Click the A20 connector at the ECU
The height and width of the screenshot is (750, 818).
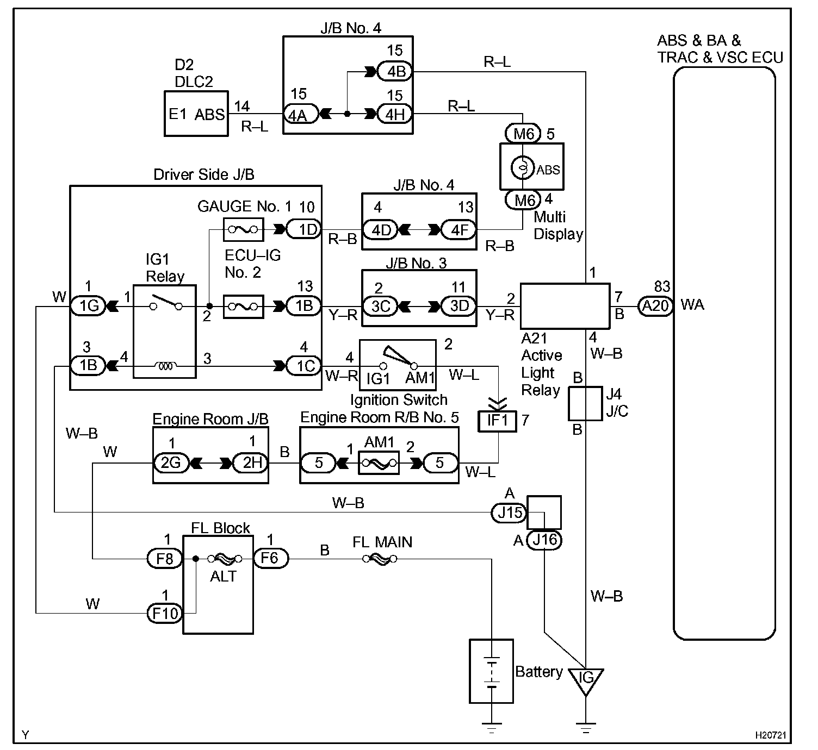pos(655,305)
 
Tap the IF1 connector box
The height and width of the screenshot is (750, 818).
pos(497,421)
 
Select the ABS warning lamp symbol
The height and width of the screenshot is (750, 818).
pos(522,167)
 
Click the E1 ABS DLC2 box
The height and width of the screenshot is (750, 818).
pos(196,114)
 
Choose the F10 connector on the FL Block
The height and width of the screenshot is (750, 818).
pos(165,613)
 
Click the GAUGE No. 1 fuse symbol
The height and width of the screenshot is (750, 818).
pos(244,229)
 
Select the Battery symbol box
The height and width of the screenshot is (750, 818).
pos(491,671)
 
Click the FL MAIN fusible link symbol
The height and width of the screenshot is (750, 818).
pos(379,559)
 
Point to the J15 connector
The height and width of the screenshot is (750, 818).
pos(509,512)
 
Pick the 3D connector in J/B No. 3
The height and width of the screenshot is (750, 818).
pos(458,306)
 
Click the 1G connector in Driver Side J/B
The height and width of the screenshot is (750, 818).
pos(89,305)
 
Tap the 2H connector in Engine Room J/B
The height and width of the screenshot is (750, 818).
pos(251,462)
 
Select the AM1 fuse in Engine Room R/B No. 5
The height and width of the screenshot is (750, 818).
pos(379,462)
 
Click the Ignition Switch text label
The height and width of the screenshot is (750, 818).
pos(399,400)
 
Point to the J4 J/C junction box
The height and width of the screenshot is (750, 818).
pos(585,403)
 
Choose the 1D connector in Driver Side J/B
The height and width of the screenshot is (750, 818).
pos(304,229)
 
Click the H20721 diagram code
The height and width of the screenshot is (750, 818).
pos(770,735)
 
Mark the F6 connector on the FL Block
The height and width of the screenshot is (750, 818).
pos(271,558)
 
